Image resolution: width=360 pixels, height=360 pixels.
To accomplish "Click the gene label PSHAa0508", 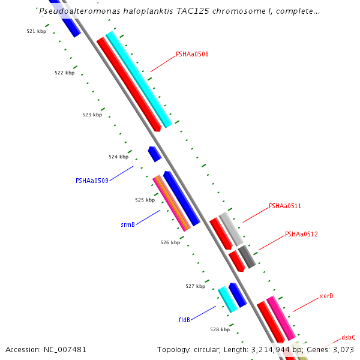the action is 192,54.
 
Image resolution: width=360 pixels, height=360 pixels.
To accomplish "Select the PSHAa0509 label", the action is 92,181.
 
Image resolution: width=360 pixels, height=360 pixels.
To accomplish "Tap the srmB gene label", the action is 128,225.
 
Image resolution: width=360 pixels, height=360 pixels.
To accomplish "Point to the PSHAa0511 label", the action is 285,206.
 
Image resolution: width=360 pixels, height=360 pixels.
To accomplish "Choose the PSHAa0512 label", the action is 301,234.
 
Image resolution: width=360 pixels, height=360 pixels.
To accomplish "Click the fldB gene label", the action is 184,320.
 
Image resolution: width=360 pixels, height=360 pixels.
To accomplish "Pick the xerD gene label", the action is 326,296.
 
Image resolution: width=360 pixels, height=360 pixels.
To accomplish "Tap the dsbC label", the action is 349,337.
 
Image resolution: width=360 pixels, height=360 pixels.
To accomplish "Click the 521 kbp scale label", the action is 37,31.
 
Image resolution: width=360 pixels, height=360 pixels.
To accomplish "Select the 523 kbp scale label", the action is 92,115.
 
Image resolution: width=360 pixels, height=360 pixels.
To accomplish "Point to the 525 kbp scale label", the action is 145,200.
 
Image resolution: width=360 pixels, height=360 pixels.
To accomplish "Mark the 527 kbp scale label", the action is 196,286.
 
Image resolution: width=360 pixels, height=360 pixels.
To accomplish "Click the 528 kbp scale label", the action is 220,329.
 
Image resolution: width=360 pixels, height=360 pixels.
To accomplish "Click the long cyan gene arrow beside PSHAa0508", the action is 139,80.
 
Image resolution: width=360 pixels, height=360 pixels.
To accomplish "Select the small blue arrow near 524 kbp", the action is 155,154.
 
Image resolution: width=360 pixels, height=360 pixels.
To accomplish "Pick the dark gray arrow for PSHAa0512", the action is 247,256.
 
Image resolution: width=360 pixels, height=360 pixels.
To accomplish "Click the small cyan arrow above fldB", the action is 227,299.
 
